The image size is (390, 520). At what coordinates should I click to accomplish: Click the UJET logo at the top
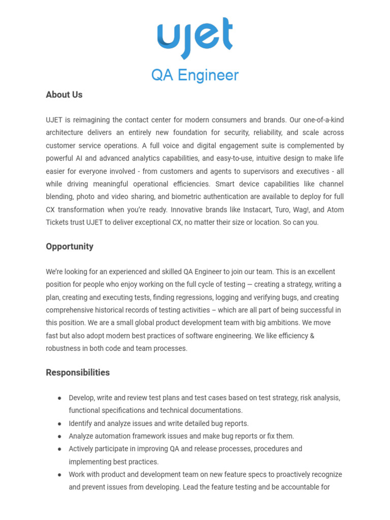pyautogui.click(x=195, y=38)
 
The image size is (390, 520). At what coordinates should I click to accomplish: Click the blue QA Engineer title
pyautogui.click(x=195, y=75)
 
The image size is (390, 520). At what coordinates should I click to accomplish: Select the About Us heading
pyautogui.click(x=64, y=94)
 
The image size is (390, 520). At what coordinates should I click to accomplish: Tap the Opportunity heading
pyautogui.click(x=70, y=246)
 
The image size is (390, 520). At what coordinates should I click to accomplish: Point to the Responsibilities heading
pyautogui.click(x=78, y=372)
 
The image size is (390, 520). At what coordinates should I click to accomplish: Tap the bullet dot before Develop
pyautogui.click(x=59, y=398)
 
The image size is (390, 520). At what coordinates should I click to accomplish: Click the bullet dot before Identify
pyautogui.click(x=59, y=424)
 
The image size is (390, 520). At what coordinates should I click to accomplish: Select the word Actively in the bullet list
pyautogui.click(x=81, y=449)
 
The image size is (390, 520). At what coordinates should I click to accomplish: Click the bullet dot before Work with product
pyautogui.click(x=59, y=474)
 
